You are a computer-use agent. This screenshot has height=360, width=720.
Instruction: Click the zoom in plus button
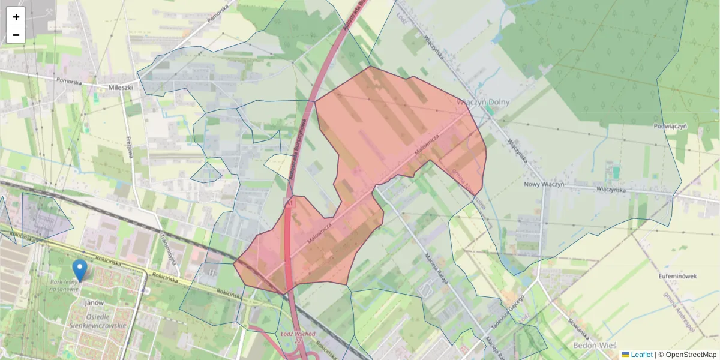pyautogui.click(x=16, y=17)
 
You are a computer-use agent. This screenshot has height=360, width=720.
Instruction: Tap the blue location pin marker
pyautogui.click(x=79, y=269)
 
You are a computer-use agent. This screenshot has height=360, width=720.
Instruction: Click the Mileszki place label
pyautogui.click(x=120, y=87)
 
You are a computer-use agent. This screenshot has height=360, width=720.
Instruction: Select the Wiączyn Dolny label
pyautogui.click(x=483, y=102)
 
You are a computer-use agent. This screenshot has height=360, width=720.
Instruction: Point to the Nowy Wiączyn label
pyautogui.click(x=544, y=185)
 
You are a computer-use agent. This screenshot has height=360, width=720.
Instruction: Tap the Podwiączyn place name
pyautogui.click(x=670, y=126)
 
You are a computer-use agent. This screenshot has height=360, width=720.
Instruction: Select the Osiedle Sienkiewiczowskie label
pyautogui.click(x=97, y=321)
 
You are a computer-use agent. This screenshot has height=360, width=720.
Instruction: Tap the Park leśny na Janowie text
pyautogui.click(x=64, y=286)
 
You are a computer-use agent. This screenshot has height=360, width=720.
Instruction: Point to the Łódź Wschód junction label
pyautogui.click(x=294, y=332)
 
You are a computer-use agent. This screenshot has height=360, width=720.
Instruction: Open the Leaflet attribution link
pyautogui.click(x=641, y=355)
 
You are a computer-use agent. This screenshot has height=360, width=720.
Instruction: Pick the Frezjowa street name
pyautogui.click(x=129, y=147)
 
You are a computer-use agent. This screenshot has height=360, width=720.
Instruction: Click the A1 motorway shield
pyautogui.click(x=290, y=204)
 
